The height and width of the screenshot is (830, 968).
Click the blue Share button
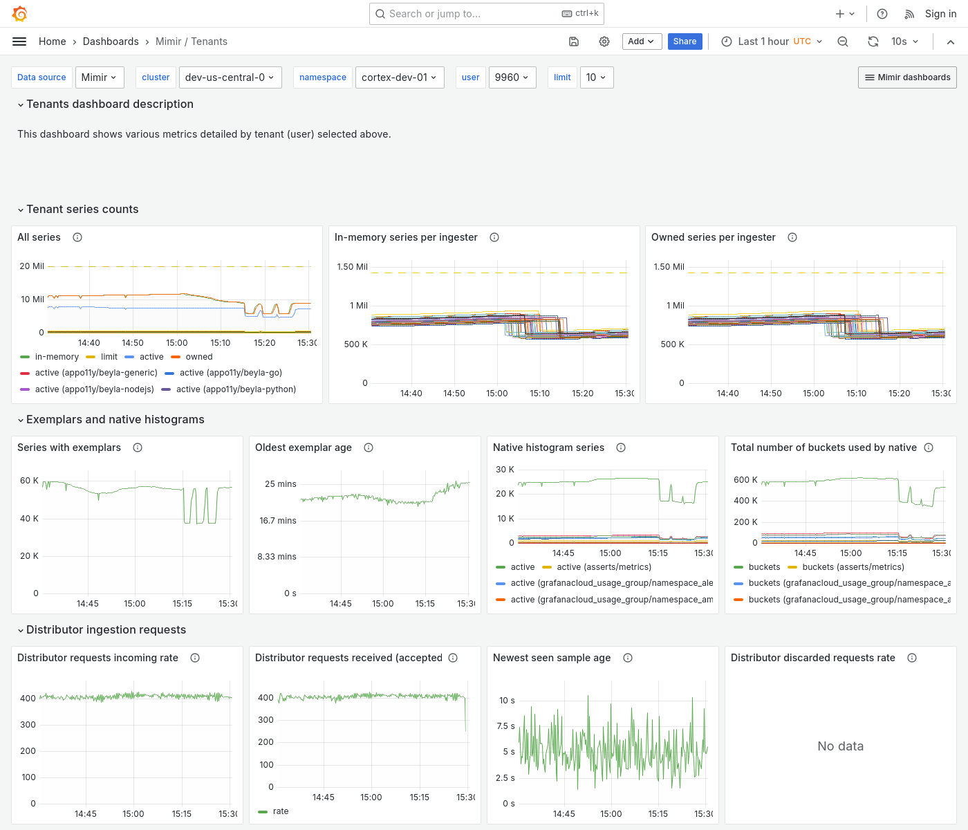[685, 41]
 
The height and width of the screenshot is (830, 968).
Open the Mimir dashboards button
[907, 77]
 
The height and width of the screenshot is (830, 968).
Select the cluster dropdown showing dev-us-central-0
[229, 77]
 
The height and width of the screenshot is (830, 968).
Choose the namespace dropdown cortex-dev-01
[399, 77]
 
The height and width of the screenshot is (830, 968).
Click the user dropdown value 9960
[512, 77]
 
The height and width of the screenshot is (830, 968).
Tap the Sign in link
[940, 14]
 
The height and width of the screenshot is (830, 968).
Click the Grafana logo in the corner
[20, 14]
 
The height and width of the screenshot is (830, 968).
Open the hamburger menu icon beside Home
[19, 41]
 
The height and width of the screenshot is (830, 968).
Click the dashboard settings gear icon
[604, 41]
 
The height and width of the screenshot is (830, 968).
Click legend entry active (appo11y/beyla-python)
[236, 389]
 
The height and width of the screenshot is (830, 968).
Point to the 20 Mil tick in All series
[32, 266]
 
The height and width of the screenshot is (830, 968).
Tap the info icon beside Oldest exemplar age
[369, 448]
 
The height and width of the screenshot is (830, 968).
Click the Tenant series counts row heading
[82, 210]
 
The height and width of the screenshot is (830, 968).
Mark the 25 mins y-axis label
[280, 484]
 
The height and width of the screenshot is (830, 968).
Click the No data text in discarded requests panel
[840, 746]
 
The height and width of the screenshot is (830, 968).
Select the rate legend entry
[281, 811]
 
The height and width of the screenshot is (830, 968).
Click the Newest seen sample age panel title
[552, 658]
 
